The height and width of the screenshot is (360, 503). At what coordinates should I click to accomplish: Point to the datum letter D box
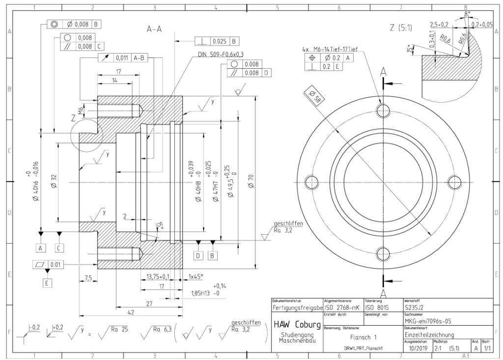pyautogui.click(x=198, y=256)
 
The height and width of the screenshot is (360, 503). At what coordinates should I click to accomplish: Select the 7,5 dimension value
pyautogui.click(x=88, y=278)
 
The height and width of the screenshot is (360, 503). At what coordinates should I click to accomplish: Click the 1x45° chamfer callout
pyautogui.click(x=196, y=277)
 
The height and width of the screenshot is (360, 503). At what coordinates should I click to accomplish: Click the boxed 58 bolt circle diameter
pyautogui.click(x=313, y=96)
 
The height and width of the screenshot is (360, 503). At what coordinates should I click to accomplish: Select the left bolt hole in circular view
pyautogui.click(x=311, y=182)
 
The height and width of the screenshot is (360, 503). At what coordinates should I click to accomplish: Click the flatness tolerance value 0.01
pyautogui.click(x=57, y=264)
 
